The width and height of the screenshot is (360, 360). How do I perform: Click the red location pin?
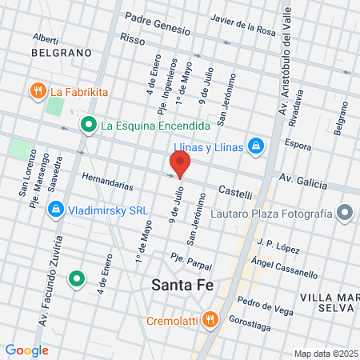tap(180, 163)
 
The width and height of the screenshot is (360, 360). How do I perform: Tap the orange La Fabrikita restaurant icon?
tap(37, 91)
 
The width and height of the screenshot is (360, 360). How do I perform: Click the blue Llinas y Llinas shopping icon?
tap(255, 145)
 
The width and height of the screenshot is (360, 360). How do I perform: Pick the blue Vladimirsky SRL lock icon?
tap(55, 210)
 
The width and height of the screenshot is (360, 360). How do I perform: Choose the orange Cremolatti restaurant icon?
tap(210, 321)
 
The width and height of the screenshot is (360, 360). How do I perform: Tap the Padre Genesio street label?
tap(156, 23)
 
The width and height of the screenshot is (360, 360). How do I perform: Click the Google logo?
tap(26, 350)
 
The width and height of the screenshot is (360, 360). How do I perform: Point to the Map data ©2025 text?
tap(326, 354)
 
